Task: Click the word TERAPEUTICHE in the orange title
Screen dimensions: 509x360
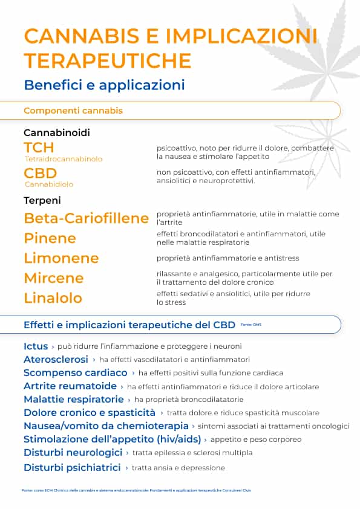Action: (x=108, y=60)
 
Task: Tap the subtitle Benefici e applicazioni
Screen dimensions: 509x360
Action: (x=104, y=85)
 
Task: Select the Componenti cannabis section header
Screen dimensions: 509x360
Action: (x=73, y=111)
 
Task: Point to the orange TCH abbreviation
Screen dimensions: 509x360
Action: (x=39, y=148)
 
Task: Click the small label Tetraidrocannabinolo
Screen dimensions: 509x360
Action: (x=64, y=159)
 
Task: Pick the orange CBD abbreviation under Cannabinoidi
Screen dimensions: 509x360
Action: (x=41, y=173)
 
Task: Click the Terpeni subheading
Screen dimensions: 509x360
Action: (x=42, y=200)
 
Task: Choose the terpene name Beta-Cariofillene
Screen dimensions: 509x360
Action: (x=86, y=218)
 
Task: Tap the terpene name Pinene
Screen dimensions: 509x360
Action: (x=50, y=238)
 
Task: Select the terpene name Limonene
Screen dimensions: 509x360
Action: (x=61, y=258)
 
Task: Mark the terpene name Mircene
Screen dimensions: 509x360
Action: (x=54, y=278)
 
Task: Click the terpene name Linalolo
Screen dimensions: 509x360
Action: (x=53, y=298)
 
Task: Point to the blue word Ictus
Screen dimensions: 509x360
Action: (x=36, y=346)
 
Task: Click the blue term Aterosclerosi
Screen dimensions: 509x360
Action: (x=56, y=359)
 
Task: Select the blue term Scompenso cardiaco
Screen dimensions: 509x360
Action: (x=76, y=372)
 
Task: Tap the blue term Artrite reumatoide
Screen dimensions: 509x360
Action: (x=70, y=386)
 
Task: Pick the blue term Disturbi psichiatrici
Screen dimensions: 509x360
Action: (x=72, y=467)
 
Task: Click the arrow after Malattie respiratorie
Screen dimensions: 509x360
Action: (x=129, y=400)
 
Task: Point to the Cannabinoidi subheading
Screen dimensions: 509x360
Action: (x=57, y=132)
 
